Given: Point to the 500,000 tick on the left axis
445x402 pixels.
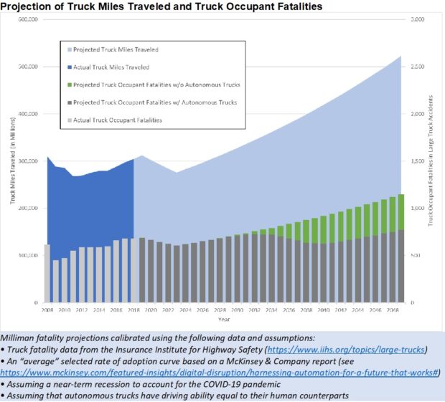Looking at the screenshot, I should point(27,67).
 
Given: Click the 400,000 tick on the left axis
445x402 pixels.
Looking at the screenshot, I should point(27,114).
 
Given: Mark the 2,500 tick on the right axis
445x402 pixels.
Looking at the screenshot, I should point(417,67).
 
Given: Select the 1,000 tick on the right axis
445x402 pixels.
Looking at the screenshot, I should point(417,209).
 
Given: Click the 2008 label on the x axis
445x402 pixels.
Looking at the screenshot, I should point(47,310).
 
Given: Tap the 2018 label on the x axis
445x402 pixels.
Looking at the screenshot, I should point(133,310).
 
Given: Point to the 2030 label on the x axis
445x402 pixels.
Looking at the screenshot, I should point(237,310).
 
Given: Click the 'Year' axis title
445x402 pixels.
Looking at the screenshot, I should point(225,319).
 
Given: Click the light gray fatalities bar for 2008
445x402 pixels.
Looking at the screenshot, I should point(47,274).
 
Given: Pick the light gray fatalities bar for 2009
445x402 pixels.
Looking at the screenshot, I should point(56,282).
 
